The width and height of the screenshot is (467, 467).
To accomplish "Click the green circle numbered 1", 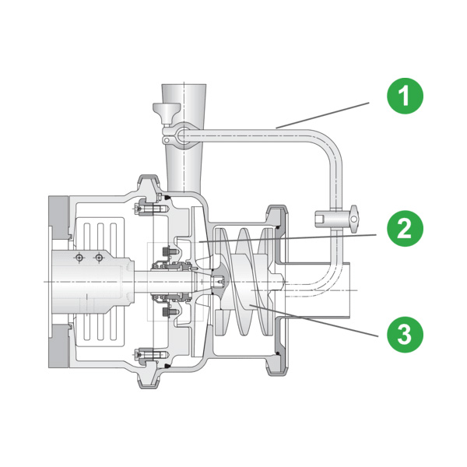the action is (405, 96).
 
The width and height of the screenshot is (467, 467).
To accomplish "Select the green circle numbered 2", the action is (405, 228).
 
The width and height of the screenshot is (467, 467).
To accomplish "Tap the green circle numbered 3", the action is (405, 335).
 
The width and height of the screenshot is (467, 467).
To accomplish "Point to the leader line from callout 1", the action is (322, 115).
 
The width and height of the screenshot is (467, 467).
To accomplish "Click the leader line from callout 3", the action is (314, 321).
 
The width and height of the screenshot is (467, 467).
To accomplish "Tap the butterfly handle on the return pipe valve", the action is (354, 219).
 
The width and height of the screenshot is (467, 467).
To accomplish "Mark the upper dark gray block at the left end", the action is (59, 218).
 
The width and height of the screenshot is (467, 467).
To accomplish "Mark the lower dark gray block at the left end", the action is (59, 346).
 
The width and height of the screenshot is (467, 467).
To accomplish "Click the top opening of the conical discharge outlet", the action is (184, 86).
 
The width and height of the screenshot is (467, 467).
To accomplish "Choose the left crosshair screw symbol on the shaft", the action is (79, 258).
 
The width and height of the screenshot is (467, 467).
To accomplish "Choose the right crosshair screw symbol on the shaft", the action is (99, 258).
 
